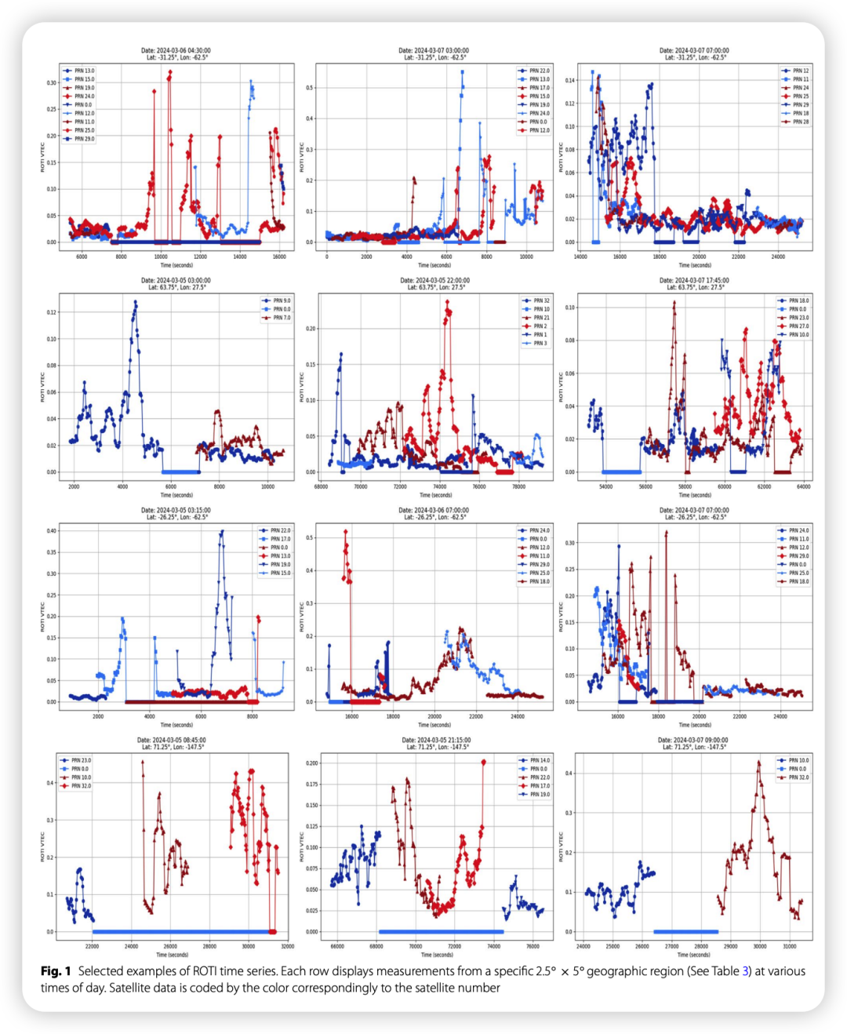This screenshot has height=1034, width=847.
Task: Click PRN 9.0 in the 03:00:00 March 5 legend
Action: tap(282, 300)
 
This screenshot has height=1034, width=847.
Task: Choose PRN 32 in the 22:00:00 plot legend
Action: tap(541, 300)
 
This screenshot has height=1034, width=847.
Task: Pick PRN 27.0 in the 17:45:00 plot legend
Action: tap(798, 326)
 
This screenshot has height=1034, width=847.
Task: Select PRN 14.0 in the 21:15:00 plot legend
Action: tap(540, 760)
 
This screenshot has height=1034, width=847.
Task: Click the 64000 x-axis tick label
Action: tap(803, 487)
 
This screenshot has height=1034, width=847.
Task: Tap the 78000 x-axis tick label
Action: tap(518, 487)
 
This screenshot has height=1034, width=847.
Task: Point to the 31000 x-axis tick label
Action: tap(789, 947)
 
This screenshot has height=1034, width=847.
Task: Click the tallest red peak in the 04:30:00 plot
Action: tap(170, 72)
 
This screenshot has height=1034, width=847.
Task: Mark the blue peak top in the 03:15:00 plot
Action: tap(222, 531)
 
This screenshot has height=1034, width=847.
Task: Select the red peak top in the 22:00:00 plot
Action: tap(449, 301)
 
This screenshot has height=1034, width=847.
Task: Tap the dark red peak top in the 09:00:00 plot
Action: tap(758, 762)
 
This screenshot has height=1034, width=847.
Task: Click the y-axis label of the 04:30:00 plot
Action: tap(43, 157)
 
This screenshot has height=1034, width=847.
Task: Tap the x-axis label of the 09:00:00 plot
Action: tap(693, 955)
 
